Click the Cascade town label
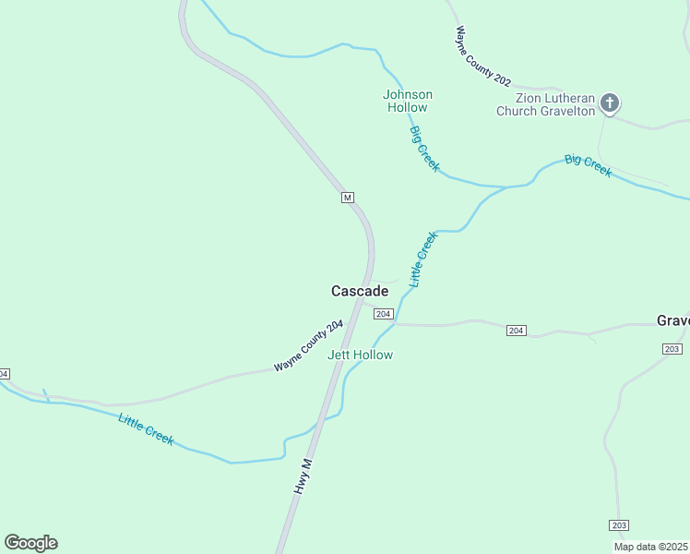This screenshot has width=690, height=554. point(360,291)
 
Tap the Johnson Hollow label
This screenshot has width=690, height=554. point(407,101)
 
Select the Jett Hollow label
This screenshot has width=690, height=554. point(360,355)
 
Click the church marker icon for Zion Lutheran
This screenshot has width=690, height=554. point(610,102)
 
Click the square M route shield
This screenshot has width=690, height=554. point(347,198)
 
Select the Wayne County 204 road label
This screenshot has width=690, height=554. point(308,346)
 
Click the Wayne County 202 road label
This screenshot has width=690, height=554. point(482,56)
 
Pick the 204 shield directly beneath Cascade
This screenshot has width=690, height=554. point(385,314)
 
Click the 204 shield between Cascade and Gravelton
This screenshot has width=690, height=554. point(517,331)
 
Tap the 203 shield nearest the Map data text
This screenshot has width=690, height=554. point(619,524)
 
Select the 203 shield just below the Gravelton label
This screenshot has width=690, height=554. point(672,348)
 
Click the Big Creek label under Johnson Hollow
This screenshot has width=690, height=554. point(424,149)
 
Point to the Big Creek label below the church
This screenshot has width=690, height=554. point(588,166)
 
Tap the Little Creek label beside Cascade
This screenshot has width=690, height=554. point(422,259)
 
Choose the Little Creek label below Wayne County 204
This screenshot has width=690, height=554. point(146,429)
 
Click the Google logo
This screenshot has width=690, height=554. point(30,543)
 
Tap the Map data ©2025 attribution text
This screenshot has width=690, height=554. point(649,547)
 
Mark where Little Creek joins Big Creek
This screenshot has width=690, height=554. point(505,187)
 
